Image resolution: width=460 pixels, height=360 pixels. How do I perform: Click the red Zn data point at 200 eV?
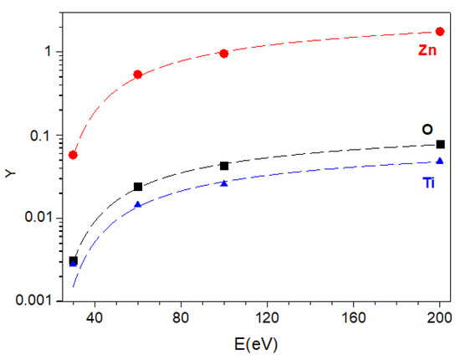(440, 31)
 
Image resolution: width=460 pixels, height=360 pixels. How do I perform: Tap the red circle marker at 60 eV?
(138, 75)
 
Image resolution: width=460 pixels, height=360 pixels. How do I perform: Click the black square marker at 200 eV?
(440, 144)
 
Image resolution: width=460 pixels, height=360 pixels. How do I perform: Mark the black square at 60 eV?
(138, 187)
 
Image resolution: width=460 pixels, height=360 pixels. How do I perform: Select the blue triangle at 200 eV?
(440, 161)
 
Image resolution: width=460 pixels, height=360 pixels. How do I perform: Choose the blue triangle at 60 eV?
(138, 204)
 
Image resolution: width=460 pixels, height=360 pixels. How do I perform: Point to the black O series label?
(427, 129)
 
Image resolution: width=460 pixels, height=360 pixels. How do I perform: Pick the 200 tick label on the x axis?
(439, 317)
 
